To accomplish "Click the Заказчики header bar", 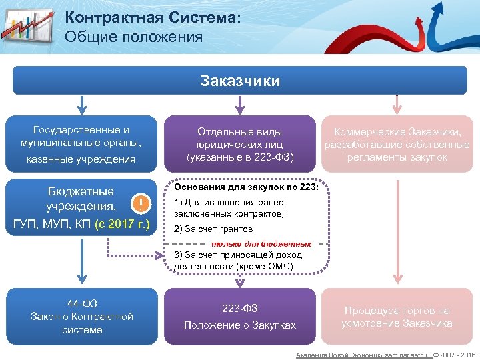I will (240, 81).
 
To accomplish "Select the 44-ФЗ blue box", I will (81, 317).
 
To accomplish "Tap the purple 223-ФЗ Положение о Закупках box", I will (239, 317).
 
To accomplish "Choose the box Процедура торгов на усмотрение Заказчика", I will (397, 317).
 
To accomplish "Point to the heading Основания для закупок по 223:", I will (246, 187).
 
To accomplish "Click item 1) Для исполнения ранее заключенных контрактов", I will (229, 208).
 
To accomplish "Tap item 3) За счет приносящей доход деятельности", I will (237, 261).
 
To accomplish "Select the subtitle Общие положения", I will (134, 37).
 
